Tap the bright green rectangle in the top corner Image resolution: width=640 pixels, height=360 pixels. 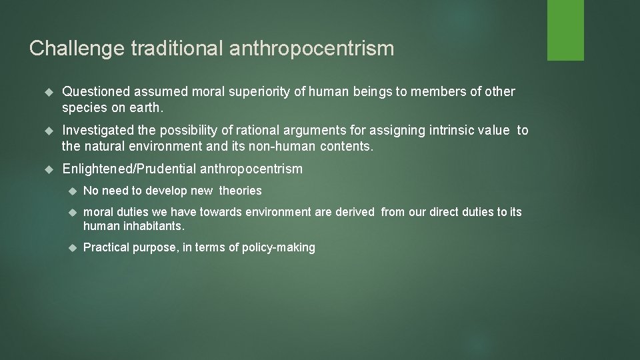click(565, 30)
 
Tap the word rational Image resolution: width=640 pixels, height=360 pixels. click(263, 131)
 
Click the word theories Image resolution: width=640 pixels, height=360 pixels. click(240, 191)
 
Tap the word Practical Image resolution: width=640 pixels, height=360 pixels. click(105, 248)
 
